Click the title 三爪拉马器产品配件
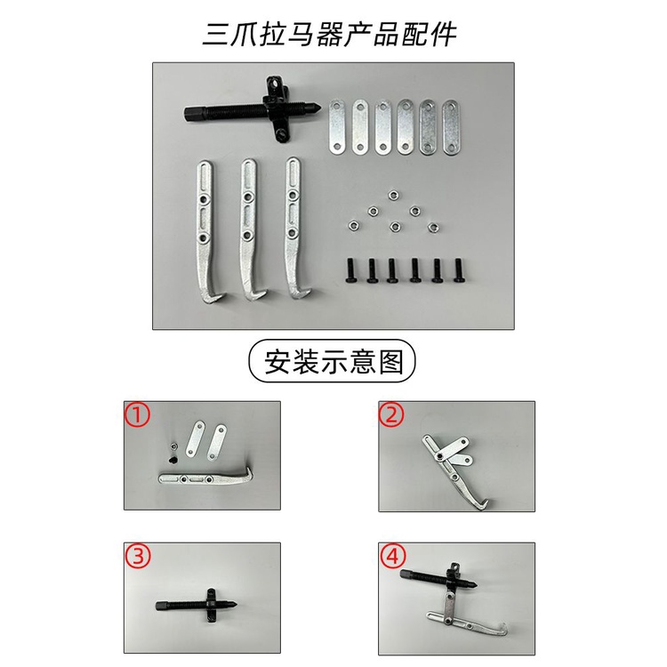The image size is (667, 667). coord(329,33)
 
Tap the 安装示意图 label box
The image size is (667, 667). coord(332,361)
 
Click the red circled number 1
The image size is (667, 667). coord(137,414)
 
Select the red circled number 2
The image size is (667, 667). coord(391,414)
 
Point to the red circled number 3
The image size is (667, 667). coord(137,556)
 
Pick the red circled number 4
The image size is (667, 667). coord(391,556)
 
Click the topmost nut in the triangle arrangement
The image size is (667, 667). coord(393,196)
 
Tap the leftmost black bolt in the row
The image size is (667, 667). coord(351,269)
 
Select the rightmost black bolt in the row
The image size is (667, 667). coord(459,269)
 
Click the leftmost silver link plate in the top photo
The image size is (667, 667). coord(337,127)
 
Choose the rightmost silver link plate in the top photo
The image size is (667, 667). coord(451,127)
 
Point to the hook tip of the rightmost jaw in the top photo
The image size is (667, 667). coord(313,291)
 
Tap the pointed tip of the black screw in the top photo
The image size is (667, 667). coord(323,105)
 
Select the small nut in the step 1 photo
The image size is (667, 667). coord(173,446)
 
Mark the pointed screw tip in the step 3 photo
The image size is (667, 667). coord(233,605)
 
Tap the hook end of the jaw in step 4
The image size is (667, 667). coord(502,628)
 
